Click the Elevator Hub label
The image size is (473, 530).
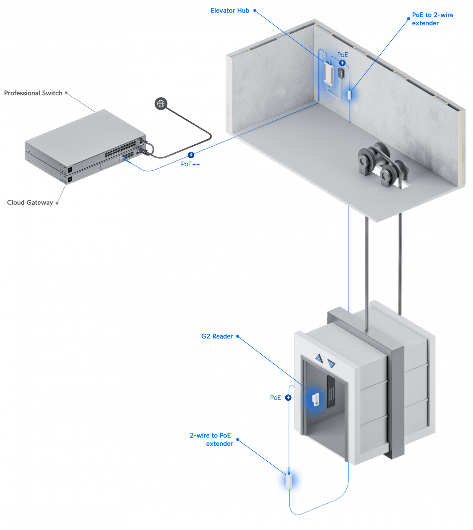[230, 11]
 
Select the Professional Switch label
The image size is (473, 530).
[33, 93]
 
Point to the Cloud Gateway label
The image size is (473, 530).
[30, 203]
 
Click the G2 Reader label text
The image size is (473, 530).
[217, 336]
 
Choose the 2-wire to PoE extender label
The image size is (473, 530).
[211, 439]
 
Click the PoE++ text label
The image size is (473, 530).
[190, 164]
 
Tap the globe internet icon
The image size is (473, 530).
[161, 104]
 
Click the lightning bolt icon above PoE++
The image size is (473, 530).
[191, 155]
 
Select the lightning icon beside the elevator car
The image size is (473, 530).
[288, 398]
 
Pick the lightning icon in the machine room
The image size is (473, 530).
[342, 63]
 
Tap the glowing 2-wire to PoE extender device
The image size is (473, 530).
[289, 481]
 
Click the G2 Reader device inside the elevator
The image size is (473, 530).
[316, 400]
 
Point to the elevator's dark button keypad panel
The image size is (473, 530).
[331, 392]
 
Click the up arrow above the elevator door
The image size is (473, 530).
[319, 358]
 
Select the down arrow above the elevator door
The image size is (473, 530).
[331, 363]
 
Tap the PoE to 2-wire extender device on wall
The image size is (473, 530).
[350, 94]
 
